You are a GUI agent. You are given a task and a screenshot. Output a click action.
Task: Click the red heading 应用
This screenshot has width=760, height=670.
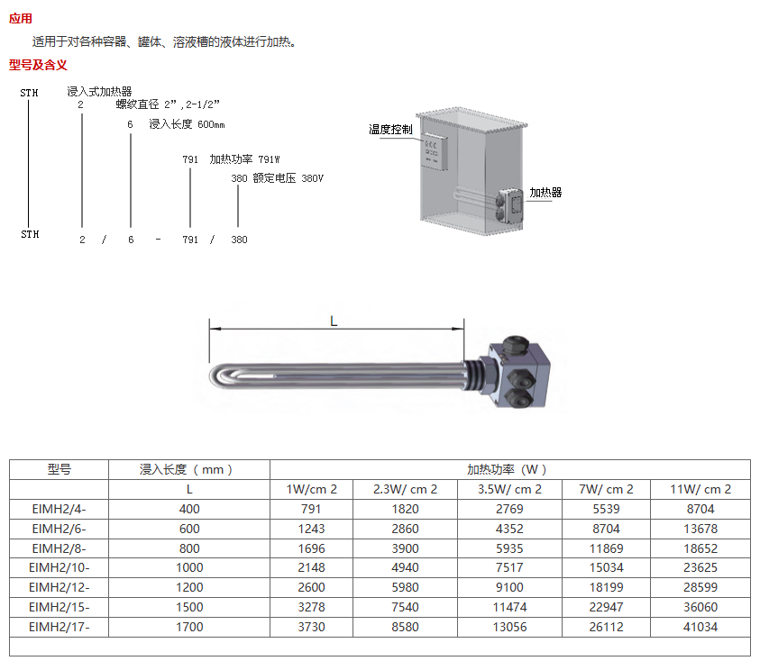pyautogui.click(x=21, y=18)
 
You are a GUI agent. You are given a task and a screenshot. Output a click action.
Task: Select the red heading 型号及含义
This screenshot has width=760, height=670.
pyautogui.click(x=38, y=65)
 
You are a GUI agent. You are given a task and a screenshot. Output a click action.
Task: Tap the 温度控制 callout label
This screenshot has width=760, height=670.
pyautogui.click(x=390, y=130)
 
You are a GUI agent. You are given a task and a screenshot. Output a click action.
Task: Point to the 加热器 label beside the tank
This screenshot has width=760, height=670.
pyautogui.click(x=545, y=193)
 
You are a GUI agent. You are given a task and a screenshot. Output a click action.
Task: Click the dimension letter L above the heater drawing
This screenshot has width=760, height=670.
pyautogui.click(x=334, y=321)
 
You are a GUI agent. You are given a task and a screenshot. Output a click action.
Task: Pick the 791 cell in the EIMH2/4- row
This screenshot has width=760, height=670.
pyautogui.click(x=311, y=509)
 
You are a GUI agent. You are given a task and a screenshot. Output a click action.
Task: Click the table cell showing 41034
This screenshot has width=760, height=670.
pyautogui.click(x=700, y=627)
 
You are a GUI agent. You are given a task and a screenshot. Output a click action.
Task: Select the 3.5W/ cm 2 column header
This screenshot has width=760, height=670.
pyautogui.click(x=509, y=489)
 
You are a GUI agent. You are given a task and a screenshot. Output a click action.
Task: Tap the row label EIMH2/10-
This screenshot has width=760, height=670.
pyautogui.click(x=60, y=567)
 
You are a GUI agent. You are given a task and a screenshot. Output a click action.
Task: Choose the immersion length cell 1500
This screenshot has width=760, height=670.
pyautogui.click(x=189, y=607)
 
